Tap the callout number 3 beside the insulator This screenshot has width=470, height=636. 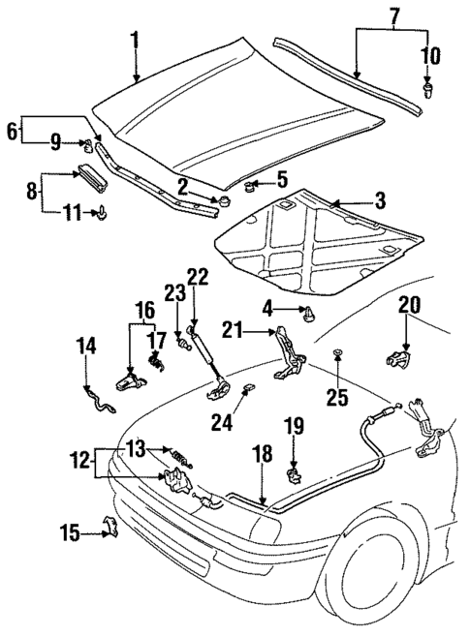tap(380, 200)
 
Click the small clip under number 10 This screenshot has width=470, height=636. tap(427, 91)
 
